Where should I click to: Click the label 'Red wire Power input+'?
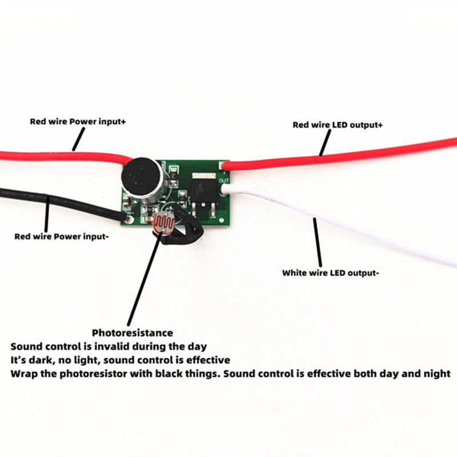[78, 122]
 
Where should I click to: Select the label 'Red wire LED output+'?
[338, 125]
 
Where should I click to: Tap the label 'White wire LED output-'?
[330, 273]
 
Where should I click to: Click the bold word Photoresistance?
[133, 332]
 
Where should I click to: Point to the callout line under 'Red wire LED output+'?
[326, 143]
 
